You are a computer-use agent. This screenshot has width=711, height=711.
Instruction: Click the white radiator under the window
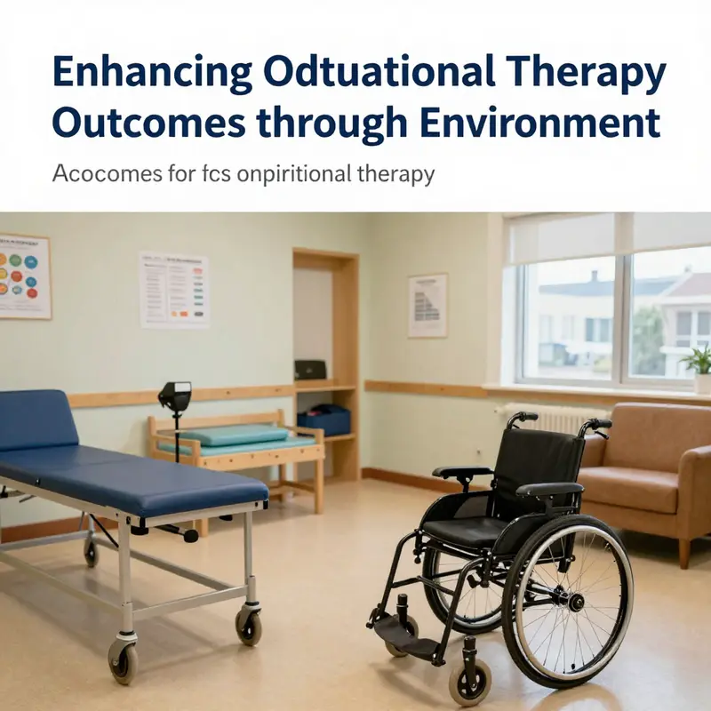pyautogui.click(x=542, y=418)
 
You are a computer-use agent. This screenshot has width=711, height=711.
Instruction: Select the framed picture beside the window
pyautogui.click(x=427, y=305)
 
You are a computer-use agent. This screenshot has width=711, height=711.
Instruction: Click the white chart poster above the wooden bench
pyautogui.click(x=173, y=291)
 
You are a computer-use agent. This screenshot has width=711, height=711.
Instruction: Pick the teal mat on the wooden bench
pyautogui.click(x=236, y=435)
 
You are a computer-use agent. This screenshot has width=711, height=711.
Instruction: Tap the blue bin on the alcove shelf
pyautogui.click(x=324, y=420)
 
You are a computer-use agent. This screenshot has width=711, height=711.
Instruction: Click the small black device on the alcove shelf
pyautogui.click(x=310, y=369)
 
